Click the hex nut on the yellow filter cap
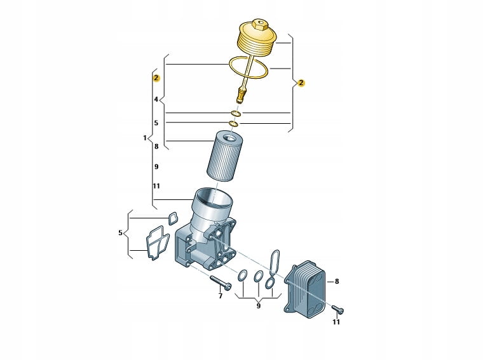[x=259, y=25]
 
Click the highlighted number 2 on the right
[x=301, y=83]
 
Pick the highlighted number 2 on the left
[x=156, y=78]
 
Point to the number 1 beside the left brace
[x=145, y=138]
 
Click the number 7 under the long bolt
[x=221, y=296]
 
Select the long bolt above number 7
[x=221, y=282]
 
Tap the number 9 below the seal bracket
[x=259, y=305]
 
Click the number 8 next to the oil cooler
[x=337, y=281]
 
